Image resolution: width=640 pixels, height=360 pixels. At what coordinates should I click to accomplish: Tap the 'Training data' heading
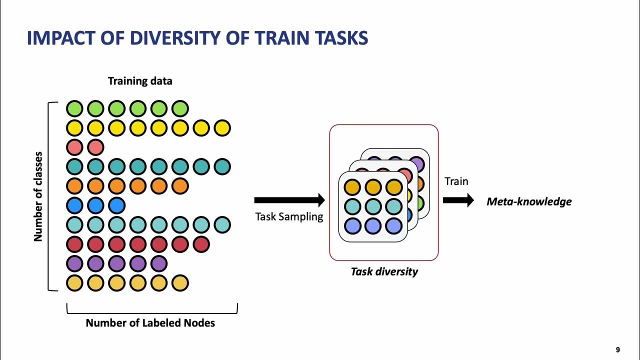pos(140,81)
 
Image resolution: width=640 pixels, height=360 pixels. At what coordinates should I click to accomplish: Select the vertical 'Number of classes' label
pos(38,196)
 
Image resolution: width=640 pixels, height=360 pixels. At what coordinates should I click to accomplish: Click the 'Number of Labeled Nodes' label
pos(150,323)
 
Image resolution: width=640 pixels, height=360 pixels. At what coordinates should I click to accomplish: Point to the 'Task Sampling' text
pos(289,217)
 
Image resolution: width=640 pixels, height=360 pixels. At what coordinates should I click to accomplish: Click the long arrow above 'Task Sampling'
pos(289,200)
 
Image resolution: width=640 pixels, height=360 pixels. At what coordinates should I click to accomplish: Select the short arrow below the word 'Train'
pos(458,200)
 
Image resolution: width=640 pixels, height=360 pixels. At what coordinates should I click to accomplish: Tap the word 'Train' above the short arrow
pos(456,181)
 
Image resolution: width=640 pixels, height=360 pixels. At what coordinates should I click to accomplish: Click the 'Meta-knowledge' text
pos(529,202)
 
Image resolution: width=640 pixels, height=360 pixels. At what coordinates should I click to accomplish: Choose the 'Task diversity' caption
pos(384,271)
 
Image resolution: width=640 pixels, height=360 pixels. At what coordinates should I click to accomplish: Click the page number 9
pos(618,350)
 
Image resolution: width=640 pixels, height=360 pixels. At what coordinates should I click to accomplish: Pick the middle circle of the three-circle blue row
pos(95,205)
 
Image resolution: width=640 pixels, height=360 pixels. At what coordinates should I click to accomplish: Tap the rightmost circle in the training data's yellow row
pos(222,128)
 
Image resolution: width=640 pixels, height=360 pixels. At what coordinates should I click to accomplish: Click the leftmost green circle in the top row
pos(74,108)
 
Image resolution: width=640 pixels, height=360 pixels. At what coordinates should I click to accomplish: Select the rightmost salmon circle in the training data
pos(95,147)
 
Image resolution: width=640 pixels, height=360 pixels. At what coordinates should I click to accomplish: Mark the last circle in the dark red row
pos(201,244)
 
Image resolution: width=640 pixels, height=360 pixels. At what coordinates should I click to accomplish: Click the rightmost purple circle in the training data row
pos(158,263)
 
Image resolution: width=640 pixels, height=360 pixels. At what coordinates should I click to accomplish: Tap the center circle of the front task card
pos(373,206)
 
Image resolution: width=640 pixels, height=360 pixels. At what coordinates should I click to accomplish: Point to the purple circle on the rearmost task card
pos(416,164)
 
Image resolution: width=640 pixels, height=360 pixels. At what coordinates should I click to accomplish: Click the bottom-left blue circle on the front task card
pos(352,226)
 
